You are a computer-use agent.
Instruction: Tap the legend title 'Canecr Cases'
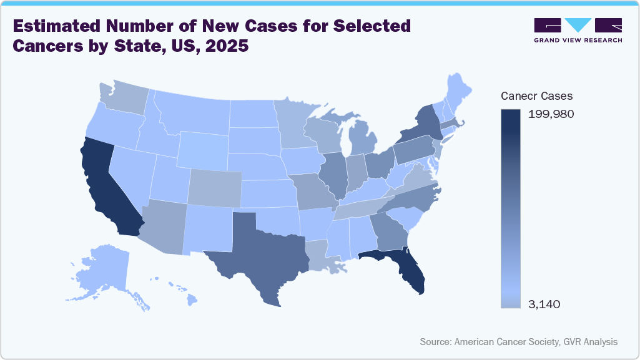coord(537,96)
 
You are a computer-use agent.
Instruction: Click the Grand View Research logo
coord(578,30)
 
